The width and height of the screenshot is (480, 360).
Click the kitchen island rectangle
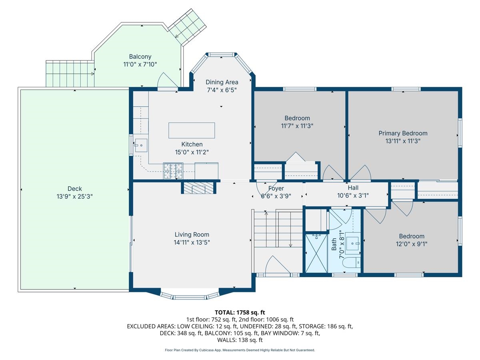pyautogui.click(x=192, y=130)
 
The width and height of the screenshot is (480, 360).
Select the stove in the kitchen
pyautogui.click(x=173, y=171)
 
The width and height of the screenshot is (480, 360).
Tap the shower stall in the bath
pyautogui.click(x=316, y=254)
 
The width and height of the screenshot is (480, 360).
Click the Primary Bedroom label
pyautogui.click(x=403, y=133)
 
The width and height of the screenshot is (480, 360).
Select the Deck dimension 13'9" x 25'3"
pyautogui.click(x=75, y=196)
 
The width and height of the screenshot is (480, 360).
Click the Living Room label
pyautogui.click(x=192, y=235)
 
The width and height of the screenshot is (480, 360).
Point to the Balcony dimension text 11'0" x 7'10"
pyautogui.click(x=140, y=64)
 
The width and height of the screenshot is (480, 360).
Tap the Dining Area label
pyautogui.click(x=222, y=82)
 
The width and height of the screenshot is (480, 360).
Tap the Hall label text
pyautogui.click(x=353, y=188)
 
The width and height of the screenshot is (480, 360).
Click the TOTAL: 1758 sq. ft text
pyautogui.click(x=240, y=312)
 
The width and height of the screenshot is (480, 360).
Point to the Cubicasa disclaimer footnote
pyautogui.click(x=240, y=350)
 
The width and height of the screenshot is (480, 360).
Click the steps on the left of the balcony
pyautogui.click(x=70, y=74)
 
